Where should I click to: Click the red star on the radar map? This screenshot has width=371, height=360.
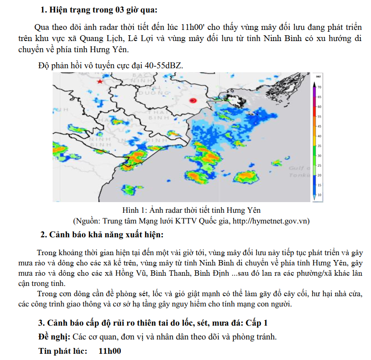coord(100,82)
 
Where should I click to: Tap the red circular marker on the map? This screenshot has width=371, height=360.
coord(193,101)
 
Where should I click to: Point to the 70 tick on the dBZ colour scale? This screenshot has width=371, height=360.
coord(319,87)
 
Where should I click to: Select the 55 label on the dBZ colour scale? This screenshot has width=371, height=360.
coord(319,116)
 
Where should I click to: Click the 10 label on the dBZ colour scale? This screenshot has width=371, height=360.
coord(319,195)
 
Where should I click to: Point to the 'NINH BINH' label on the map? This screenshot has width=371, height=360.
coord(100,142)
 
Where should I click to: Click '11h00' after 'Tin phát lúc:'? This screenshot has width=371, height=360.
coord(110,351)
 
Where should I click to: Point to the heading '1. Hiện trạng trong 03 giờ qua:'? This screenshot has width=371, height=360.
coord(99,9)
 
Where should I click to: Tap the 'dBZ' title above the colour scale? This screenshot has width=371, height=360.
coord(318,77)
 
